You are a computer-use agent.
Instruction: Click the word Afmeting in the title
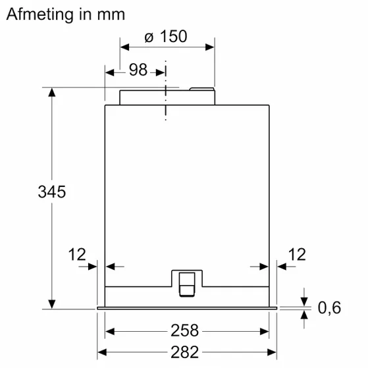pyautogui.click(x=38, y=14)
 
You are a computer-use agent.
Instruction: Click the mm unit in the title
pyautogui.click(x=109, y=14)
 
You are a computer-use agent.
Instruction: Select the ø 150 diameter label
pyautogui.click(x=166, y=37)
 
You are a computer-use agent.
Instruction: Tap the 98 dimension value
pyautogui.click(x=138, y=70)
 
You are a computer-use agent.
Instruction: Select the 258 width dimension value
pyautogui.click(x=187, y=330)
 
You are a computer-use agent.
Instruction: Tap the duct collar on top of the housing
pyautogui.click(x=166, y=96)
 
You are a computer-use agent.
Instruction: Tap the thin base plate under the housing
pyautogui.click(x=187, y=308)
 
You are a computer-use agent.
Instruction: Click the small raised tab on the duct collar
pyautogui.click(x=202, y=88)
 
